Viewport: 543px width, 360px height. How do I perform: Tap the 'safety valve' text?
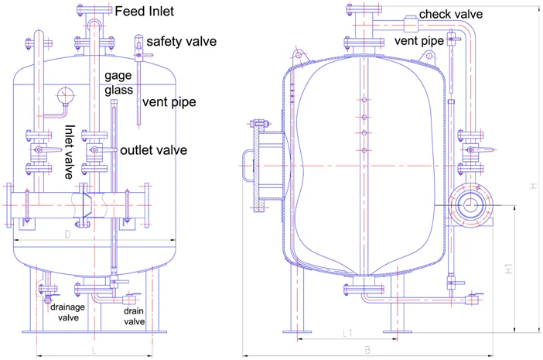click(181, 41)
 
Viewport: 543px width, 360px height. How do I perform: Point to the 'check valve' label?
click(451, 14)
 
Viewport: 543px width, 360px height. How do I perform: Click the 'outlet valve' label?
click(154, 150)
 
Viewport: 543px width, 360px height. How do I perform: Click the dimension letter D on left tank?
click(67, 233)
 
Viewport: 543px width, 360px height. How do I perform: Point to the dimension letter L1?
click(347, 333)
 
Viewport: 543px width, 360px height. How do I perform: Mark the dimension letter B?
click(367, 349)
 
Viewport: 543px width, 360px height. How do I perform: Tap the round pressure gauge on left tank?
click(63, 95)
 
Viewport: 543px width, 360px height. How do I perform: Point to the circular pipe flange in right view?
click(468, 205)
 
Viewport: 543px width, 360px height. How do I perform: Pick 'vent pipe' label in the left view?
click(169, 102)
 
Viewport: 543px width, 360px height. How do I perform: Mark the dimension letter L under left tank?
click(94, 350)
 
